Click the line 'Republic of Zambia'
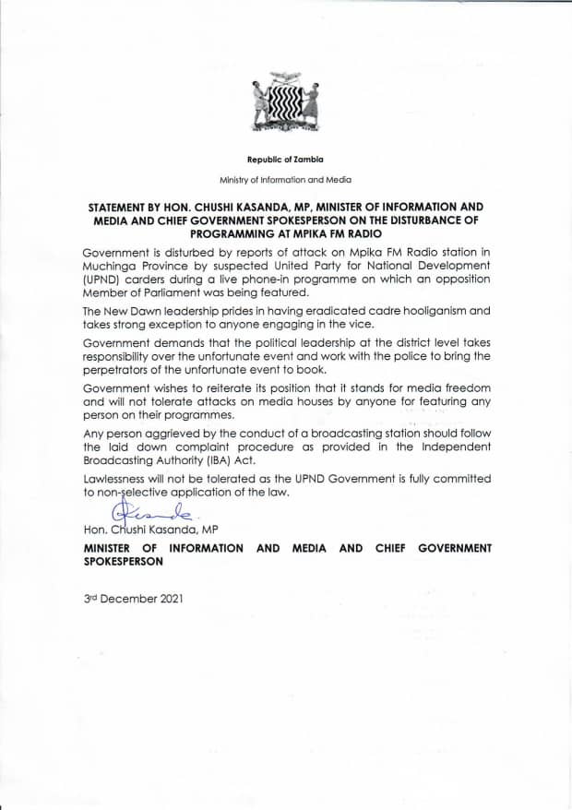point(285,160)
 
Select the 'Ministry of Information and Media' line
point(285,179)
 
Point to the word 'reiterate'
point(251,388)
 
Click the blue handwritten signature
point(148,511)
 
